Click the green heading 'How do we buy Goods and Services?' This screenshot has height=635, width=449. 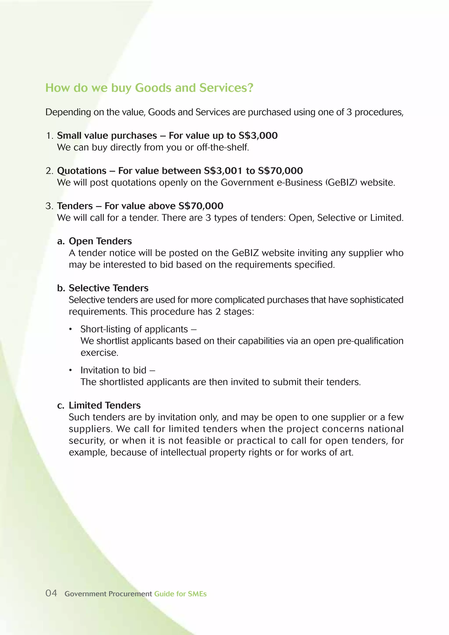(149, 88)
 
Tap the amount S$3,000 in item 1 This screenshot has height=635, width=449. (258, 135)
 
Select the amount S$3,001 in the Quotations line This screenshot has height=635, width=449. (223, 171)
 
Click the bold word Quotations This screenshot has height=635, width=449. (82, 171)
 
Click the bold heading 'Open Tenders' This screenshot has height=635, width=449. (100, 241)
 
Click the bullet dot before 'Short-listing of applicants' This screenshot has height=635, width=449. (71, 329)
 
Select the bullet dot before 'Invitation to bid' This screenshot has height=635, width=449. (71, 370)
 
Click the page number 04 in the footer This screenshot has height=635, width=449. (51, 593)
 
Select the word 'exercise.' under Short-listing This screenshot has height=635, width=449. (99, 353)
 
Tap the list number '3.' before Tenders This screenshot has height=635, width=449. (49, 206)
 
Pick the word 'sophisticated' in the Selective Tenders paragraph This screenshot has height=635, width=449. (376, 300)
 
